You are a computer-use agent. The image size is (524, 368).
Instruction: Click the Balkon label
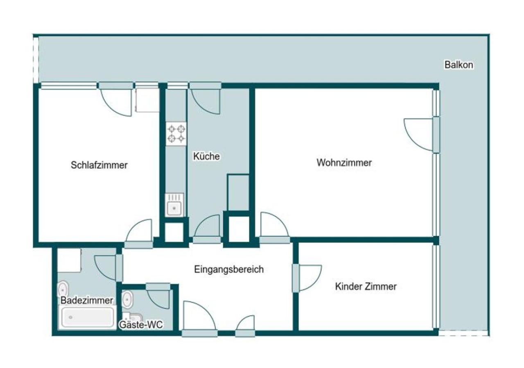(458, 65)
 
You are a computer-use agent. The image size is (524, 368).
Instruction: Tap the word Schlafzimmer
(99, 165)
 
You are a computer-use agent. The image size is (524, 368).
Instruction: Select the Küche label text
(206, 156)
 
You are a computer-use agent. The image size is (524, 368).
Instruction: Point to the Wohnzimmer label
(344, 163)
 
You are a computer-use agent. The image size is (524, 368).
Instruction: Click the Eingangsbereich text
(229, 269)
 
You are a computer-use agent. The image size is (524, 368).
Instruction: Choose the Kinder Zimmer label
(366, 287)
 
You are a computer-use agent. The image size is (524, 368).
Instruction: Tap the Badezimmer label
(87, 300)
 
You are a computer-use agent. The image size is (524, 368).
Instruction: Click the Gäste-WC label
(141, 325)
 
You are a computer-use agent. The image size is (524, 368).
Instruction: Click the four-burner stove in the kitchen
(176, 134)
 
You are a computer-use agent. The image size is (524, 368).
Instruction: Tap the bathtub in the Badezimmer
(87, 318)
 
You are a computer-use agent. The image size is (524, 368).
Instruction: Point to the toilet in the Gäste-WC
(134, 317)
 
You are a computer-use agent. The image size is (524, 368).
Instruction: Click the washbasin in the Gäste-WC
(127, 301)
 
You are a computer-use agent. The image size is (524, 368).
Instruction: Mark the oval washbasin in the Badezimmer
(63, 289)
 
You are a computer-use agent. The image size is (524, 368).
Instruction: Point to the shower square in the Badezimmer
(69, 260)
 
